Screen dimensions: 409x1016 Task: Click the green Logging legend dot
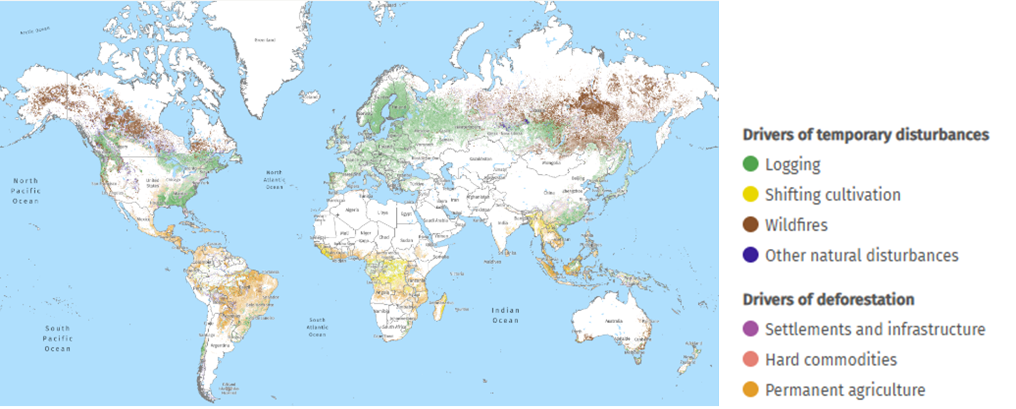751,164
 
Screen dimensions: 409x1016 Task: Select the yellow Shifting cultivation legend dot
751,194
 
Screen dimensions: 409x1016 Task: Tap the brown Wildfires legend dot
751,225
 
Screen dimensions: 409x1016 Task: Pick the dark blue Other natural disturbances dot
751,255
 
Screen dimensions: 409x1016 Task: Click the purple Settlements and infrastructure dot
751,329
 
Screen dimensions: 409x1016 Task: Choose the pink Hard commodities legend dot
751,359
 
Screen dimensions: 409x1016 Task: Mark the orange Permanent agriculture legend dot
751,390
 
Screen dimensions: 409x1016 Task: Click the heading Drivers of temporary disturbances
866,134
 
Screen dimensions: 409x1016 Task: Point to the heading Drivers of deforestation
828,299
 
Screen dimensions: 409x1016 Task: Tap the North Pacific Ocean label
25,191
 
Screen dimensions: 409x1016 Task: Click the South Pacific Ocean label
58,338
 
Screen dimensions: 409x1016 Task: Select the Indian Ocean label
505,315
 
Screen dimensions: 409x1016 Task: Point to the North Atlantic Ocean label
274,179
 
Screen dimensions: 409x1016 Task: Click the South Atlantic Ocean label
317,327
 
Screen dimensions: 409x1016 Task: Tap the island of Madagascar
440,307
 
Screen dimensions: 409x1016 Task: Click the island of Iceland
309,96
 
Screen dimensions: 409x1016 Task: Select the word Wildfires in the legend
796,225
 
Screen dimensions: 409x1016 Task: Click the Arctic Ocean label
35,30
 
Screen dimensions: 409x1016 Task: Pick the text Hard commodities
831,359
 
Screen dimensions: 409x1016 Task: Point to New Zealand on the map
689,357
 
